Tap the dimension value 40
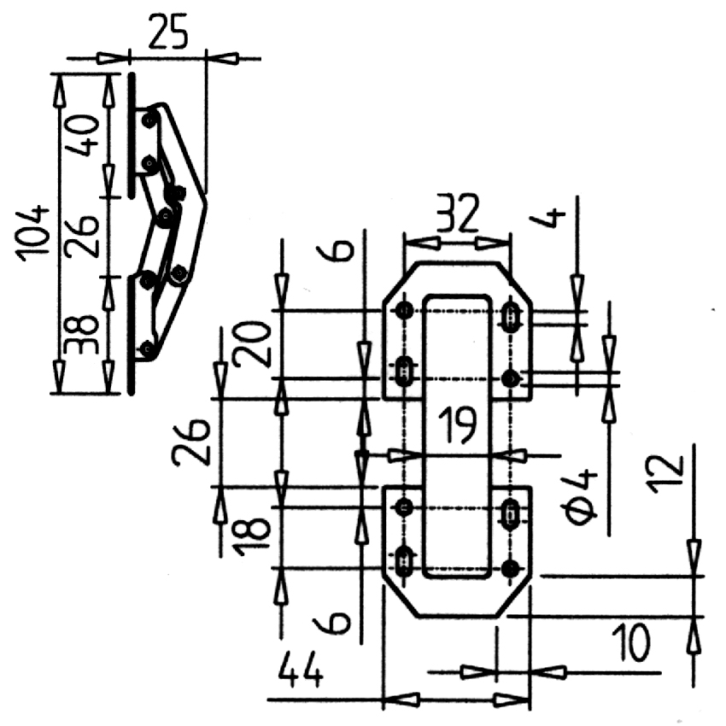point(82,136)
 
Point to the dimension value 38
point(82,335)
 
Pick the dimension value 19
point(458,424)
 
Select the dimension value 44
point(301,670)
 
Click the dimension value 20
point(252,344)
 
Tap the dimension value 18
point(252,536)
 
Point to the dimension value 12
point(668,475)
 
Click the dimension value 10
point(631,643)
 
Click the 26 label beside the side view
point(82,236)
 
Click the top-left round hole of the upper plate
point(405,310)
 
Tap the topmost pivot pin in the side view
point(149,120)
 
